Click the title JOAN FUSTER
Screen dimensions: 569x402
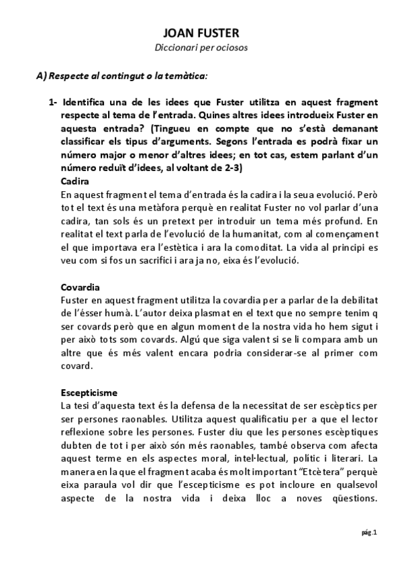tap(201, 33)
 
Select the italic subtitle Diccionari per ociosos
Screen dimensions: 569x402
tap(201, 48)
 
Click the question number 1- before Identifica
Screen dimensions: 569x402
tap(53, 102)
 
